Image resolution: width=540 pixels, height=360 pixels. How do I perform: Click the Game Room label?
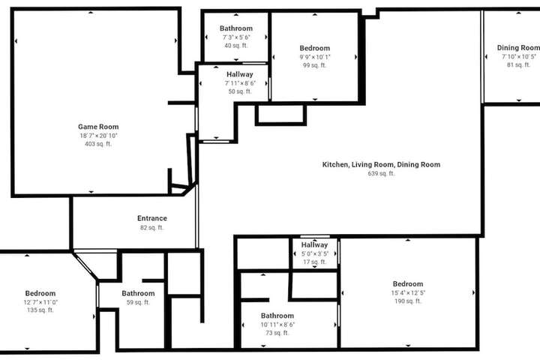pyautogui.click(x=98, y=127)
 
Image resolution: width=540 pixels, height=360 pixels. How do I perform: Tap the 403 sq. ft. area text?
pyautogui.click(x=98, y=144)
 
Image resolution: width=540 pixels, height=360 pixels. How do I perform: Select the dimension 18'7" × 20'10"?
pyautogui.click(x=98, y=136)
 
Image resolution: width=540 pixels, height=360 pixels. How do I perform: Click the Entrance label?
pyautogui.click(x=151, y=218)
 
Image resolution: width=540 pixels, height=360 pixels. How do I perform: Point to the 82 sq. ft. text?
pyautogui.click(x=151, y=228)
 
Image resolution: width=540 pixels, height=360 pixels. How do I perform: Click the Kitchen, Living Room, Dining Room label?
pyautogui.click(x=381, y=165)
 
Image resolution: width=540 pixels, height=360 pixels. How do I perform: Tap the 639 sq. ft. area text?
pyautogui.click(x=381, y=174)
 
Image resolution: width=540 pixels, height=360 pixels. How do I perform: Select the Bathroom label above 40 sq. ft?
pyautogui.click(x=236, y=28)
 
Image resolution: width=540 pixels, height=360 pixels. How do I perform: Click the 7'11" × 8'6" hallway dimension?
pyautogui.click(x=240, y=83)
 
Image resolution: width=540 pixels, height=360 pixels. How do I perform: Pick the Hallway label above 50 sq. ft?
pyautogui.click(x=240, y=74)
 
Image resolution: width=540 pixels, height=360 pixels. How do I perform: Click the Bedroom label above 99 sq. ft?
pyautogui.click(x=314, y=48)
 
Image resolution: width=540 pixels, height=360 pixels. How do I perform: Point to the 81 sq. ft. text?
pyautogui.click(x=518, y=64)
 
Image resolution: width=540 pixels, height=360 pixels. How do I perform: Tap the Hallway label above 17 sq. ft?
pyautogui.click(x=314, y=245)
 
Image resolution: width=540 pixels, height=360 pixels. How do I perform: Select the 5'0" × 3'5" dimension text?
pyautogui.click(x=314, y=254)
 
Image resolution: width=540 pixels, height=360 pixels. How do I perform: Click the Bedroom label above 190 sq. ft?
pyautogui.click(x=408, y=283)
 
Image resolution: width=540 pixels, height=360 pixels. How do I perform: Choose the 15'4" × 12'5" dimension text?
pyautogui.click(x=408, y=292)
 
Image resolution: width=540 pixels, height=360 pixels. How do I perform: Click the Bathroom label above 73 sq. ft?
pyautogui.click(x=277, y=316)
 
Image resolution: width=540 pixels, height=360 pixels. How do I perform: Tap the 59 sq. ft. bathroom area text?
pyautogui.click(x=138, y=302)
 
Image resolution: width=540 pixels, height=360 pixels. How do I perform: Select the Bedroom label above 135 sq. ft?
pyautogui.click(x=40, y=293)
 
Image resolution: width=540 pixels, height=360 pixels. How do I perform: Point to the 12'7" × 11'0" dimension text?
pyautogui.click(x=40, y=302)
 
